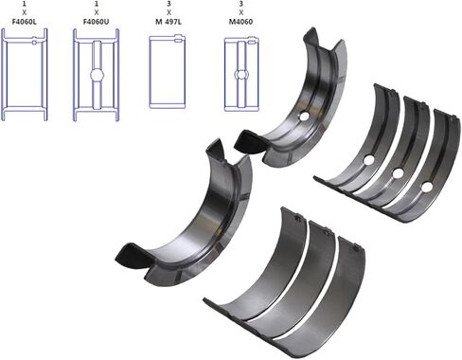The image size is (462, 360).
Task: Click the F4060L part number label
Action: [x=25, y=22]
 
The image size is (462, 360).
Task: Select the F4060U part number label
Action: [x=97, y=22]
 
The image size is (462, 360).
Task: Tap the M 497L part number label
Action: [x=169, y=22]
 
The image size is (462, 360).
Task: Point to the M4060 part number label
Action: [x=240, y=22]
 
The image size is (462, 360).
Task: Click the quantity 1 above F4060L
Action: [x=25, y=4]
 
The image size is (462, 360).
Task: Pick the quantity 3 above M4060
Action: [x=241, y=4]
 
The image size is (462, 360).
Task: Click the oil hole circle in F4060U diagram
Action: [x=97, y=75]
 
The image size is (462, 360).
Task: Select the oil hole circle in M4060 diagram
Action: [x=241, y=75]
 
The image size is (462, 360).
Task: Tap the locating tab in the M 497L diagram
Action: [x=179, y=40]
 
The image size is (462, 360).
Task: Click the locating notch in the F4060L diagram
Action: [x=34, y=42]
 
